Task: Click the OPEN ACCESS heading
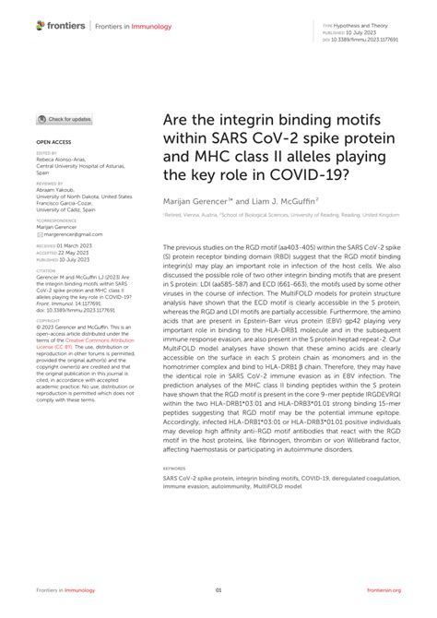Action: (x=55, y=142)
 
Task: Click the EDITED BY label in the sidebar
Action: (x=46, y=153)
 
